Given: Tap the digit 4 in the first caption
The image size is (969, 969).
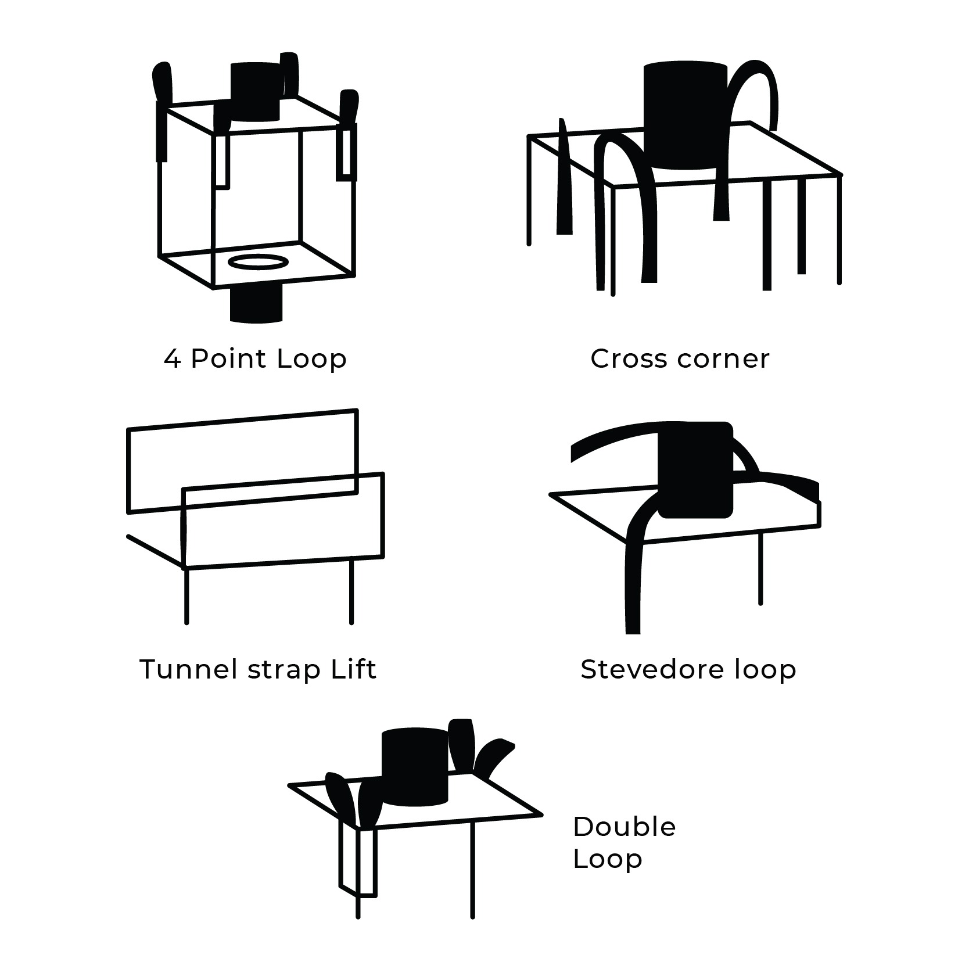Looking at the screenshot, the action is (x=172, y=359).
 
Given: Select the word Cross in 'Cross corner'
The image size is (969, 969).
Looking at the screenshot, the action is (x=629, y=358).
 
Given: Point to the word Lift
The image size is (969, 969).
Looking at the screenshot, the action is (x=354, y=669).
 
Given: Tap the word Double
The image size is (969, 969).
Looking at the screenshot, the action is (x=624, y=827).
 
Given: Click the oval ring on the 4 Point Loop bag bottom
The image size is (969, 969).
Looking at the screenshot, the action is (x=258, y=261).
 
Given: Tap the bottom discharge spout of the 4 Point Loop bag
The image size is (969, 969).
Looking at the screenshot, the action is (x=256, y=303).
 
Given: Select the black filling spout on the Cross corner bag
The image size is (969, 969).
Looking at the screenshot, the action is (x=686, y=116).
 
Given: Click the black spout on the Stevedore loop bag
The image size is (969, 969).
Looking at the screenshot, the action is (x=695, y=470).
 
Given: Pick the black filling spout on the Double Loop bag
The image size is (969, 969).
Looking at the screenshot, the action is (x=415, y=767).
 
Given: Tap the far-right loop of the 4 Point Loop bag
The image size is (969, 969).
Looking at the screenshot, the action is (x=348, y=134).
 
